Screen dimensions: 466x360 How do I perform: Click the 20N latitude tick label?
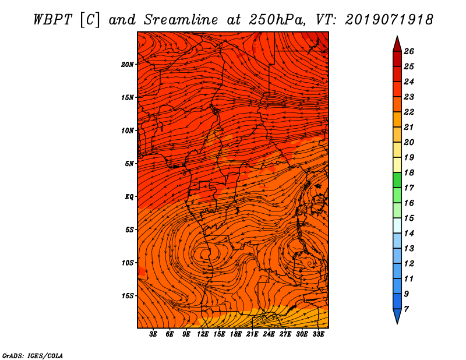click(x=128, y=65)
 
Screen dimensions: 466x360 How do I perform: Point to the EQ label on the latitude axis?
click(x=129, y=197)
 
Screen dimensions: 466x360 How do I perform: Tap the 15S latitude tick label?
click(x=128, y=296)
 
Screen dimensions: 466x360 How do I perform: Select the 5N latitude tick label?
click(x=129, y=164)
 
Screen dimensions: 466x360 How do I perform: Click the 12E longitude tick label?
click(x=202, y=334)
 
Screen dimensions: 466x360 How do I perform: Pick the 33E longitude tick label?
click(x=318, y=334)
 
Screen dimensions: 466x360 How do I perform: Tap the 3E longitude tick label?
click(x=153, y=334)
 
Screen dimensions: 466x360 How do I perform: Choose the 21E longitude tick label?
click(x=252, y=334)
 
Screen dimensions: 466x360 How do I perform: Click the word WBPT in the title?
click(x=52, y=20)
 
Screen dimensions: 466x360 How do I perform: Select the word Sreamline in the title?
click(x=181, y=20)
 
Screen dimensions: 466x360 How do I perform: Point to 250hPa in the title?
click(x=277, y=20)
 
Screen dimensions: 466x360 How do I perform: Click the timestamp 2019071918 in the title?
click(x=389, y=20)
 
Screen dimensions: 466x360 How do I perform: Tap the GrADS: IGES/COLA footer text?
click(x=33, y=355)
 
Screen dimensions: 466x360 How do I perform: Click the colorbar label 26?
click(x=409, y=51)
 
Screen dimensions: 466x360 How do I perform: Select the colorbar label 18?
click(x=409, y=172)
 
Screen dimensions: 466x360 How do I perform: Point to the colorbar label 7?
click(x=406, y=309)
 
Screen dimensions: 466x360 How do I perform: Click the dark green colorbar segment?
click(x=397, y=180)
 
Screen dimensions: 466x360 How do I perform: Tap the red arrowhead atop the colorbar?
click(x=397, y=45)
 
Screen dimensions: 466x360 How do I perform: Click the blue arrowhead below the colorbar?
click(x=397, y=316)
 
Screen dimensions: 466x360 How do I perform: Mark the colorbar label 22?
click(x=409, y=112)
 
